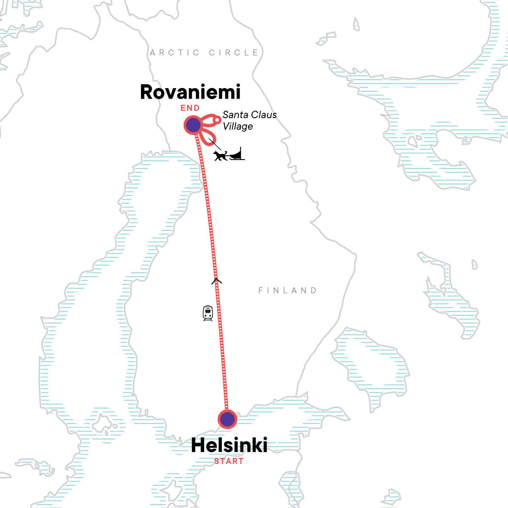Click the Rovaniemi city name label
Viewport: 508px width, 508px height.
(x=190, y=92)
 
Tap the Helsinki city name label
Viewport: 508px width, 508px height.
(x=229, y=445)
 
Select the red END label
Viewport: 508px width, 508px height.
(x=190, y=108)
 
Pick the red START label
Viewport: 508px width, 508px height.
(x=229, y=461)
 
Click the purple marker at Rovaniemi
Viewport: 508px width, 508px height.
(x=193, y=125)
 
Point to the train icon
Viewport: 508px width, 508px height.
(x=207, y=313)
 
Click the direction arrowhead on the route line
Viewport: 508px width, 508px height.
(x=216, y=280)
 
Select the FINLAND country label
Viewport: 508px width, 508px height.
(x=287, y=290)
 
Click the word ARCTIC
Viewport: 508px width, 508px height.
(x=175, y=52)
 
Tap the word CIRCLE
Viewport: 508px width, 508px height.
(x=233, y=52)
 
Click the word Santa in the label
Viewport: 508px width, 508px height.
(x=235, y=115)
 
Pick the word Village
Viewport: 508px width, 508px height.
(x=238, y=126)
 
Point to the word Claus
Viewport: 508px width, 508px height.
(x=264, y=115)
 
